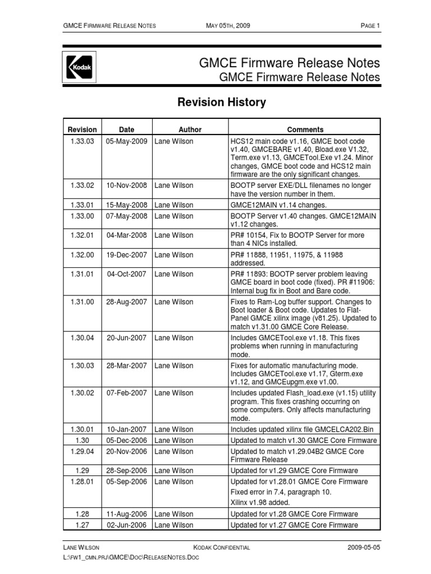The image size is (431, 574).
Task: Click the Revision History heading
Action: [x=222, y=103]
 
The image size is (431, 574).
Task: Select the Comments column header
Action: [x=305, y=129]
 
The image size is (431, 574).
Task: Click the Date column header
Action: [x=127, y=129]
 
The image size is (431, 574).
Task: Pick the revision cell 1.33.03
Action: [x=82, y=141]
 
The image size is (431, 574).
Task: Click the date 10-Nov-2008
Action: [x=127, y=185]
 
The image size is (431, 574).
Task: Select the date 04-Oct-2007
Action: [x=127, y=274]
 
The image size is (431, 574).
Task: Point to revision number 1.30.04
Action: [x=82, y=338]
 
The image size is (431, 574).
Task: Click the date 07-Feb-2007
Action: [x=127, y=393]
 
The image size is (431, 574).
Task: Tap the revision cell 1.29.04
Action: [x=82, y=451]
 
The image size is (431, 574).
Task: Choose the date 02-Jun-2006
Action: [x=127, y=525]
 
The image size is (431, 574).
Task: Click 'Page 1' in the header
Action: [x=370, y=26]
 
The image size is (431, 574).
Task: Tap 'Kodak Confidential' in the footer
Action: [x=222, y=548]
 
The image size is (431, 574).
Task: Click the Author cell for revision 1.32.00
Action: [x=174, y=255]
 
